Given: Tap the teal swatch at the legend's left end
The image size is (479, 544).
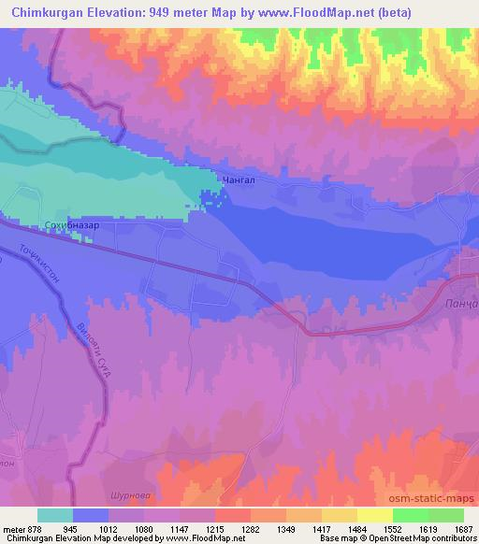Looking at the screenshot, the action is [54, 515].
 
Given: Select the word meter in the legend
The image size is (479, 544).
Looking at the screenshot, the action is [15, 527].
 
